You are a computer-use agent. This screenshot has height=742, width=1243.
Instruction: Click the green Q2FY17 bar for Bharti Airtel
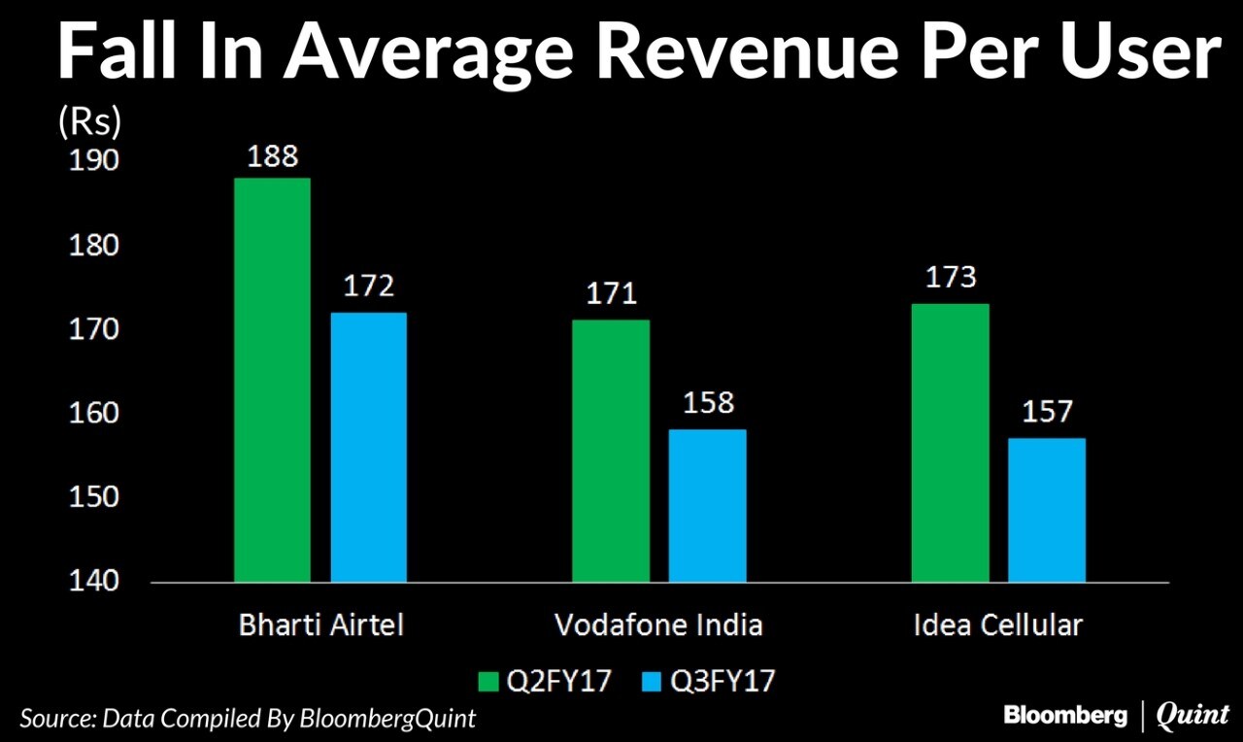pyautogui.click(x=272, y=380)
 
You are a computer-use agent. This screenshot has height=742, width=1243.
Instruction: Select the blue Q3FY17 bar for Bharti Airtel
pyautogui.click(x=368, y=447)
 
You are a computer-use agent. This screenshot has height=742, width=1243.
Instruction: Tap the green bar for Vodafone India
pyautogui.click(x=611, y=451)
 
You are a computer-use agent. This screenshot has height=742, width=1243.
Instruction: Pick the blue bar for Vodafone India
pyautogui.click(x=708, y=505)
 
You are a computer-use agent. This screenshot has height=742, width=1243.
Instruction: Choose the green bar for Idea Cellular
pyautogui.click(x=950, y=443)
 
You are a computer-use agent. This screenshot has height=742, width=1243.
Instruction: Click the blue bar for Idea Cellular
pyautogui.click(x=1046, y=510)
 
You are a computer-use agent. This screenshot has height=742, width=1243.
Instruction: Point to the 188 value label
pyautogui.click(x=272, y=157)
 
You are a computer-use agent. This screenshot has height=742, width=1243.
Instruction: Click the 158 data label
pyautogui.click(x=708, y=403)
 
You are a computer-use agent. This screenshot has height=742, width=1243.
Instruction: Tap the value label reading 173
pyautogui.click(x=950, y=278)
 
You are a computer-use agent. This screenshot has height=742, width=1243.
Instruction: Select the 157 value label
pyautogui.click(x=1046, y=412)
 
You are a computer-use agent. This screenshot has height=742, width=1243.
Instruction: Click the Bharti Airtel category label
pyautogui.click(x=320, y=625)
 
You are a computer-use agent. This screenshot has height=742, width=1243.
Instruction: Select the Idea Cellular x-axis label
pyautogui.click(x=997, y=625)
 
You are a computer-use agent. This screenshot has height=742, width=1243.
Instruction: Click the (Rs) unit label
pyautogui.click(x=89, y=120)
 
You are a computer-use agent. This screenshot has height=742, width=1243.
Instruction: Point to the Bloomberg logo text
pyautogui.click(x=1065, y=716)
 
